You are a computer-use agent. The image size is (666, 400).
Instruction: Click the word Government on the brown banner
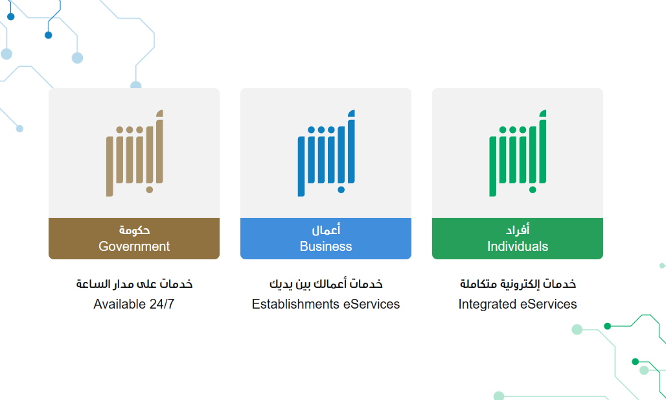coord(134,246)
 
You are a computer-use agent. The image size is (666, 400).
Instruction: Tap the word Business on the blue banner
coord(326,246)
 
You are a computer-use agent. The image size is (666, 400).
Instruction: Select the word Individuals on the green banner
coord(518,246)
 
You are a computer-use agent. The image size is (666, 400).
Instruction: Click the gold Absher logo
coord(135,153)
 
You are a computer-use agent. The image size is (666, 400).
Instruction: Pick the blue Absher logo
coord(327,153)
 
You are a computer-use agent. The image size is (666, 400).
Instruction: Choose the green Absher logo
coord(518,153)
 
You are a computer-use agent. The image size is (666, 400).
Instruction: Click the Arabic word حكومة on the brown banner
coord(134,230)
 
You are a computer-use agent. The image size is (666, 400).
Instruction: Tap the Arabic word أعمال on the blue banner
coord(327,230)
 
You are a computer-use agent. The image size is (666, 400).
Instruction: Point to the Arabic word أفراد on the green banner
coord(518,230)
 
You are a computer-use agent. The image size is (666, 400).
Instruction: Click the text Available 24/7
coord(134,304)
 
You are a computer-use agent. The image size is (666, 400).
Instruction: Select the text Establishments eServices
coord(326,304)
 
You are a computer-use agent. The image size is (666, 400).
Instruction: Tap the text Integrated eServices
coord(518,304)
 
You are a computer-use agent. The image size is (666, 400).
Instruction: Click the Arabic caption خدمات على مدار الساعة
coord(134,284)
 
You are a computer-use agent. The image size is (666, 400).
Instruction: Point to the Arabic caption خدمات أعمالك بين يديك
coord(326,284)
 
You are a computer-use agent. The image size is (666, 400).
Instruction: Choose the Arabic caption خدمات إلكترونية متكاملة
coord(518,284)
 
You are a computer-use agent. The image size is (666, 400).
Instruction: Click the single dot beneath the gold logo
coord(150,189)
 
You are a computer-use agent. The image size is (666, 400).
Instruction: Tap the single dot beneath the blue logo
coord(341,189)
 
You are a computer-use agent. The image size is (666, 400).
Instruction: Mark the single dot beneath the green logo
coord(533,189)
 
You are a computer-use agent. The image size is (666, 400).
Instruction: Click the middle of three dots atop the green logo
coord(512,130)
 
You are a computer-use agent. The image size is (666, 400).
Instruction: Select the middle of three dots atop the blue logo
coord(321,130)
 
